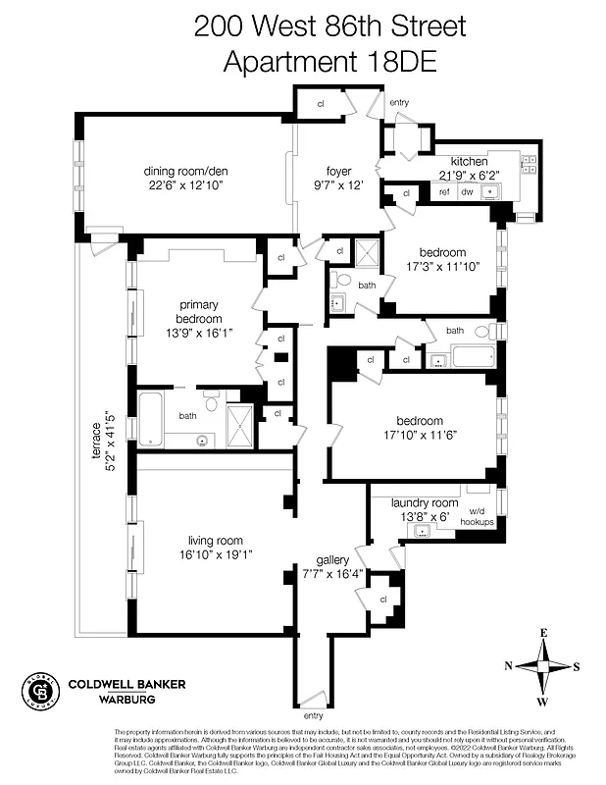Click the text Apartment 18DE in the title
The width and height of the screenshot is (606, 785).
point(302,61)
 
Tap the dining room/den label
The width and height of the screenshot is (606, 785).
point(179,169)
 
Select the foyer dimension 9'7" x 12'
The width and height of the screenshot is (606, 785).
point(338,185)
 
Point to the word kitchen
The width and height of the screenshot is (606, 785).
point(469,161)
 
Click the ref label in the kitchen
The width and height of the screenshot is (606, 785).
point(444,192)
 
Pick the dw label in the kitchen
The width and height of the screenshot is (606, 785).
point(468,192)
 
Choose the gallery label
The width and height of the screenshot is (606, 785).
point(333,559)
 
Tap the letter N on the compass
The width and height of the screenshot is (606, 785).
point(509,666)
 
